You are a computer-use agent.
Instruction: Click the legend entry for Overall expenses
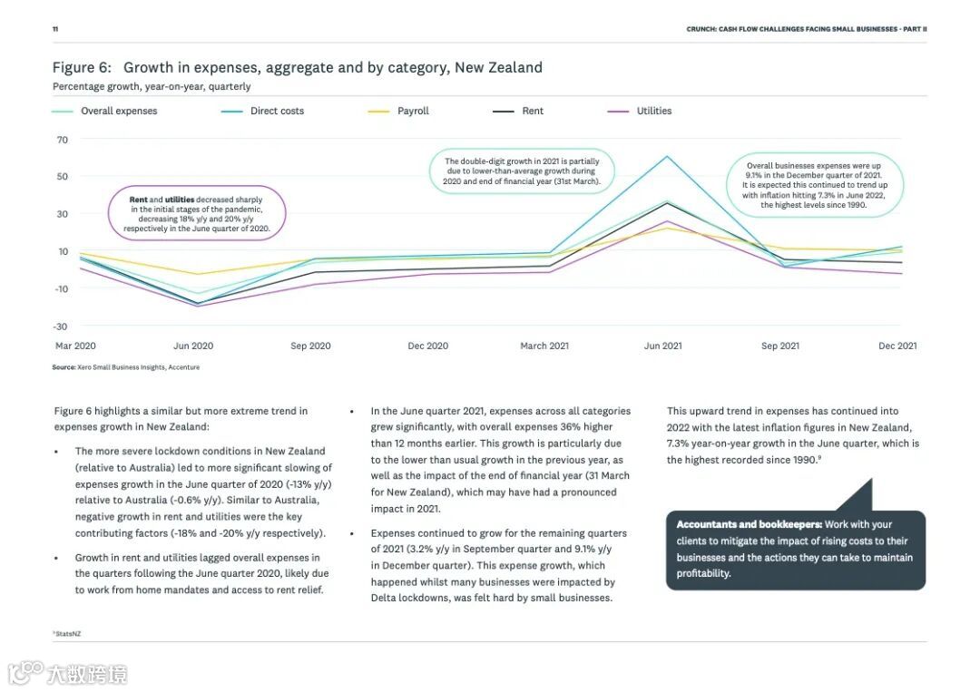118,111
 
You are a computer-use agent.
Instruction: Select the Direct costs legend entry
277,111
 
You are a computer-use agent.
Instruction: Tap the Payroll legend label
413,111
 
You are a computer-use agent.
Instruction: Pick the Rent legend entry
533,111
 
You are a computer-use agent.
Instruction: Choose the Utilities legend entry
653,111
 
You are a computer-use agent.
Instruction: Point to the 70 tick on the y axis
63,140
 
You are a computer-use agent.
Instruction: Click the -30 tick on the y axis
62,326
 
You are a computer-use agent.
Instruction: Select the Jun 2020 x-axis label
193,346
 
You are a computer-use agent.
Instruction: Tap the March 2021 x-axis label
544,346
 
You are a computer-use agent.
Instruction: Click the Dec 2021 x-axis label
897,346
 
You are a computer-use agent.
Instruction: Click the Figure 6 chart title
297,67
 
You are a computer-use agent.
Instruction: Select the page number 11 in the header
55,29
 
